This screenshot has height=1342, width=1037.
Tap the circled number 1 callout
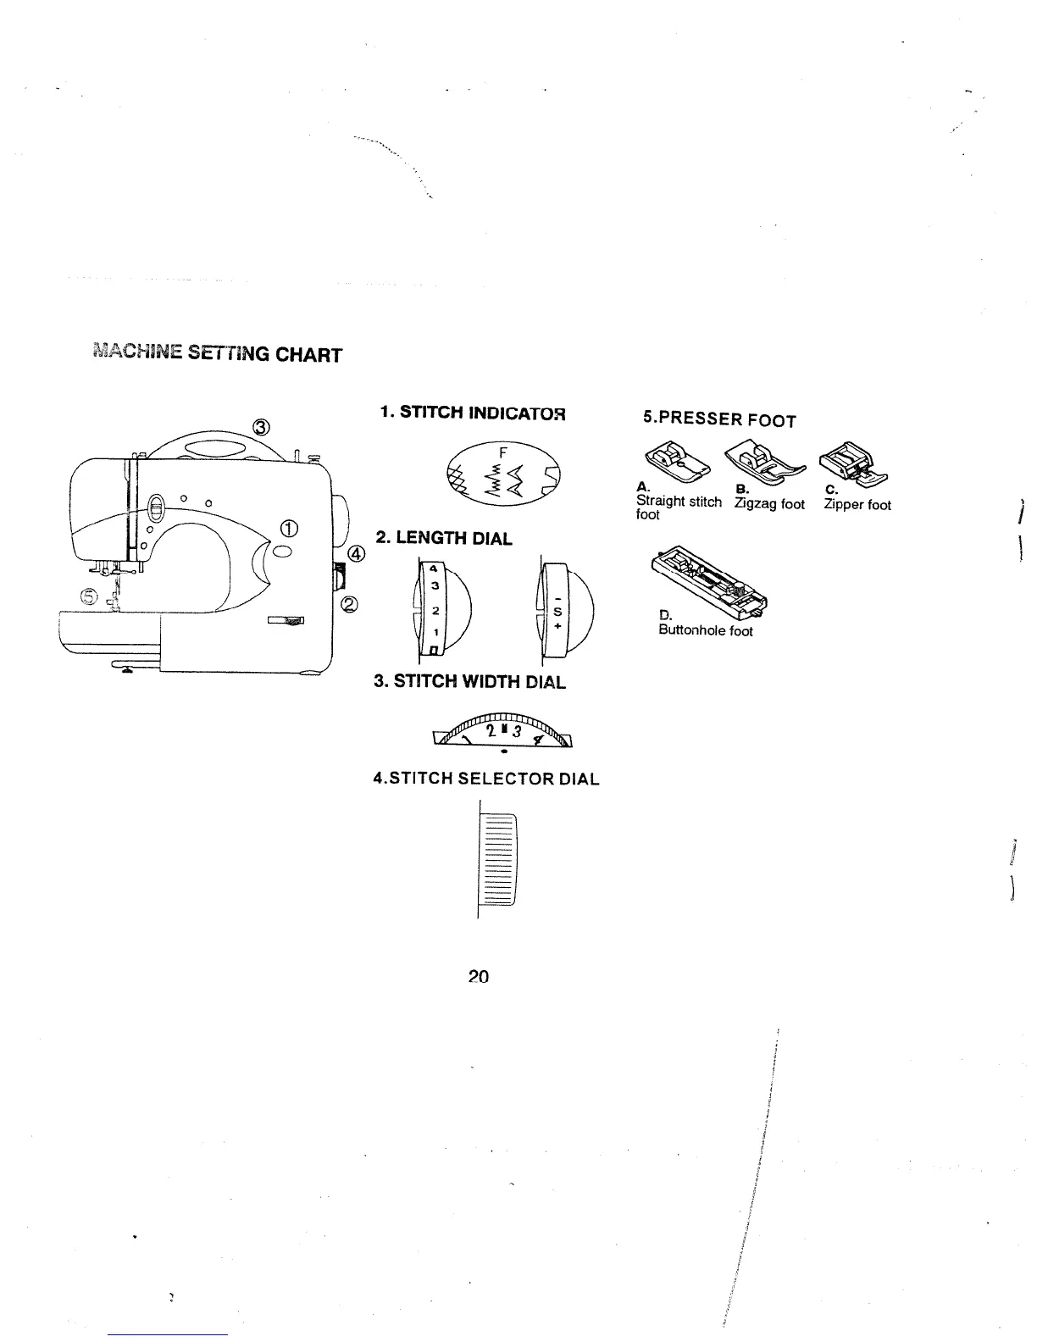tap(289, 530)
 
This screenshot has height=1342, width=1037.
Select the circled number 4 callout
tap(356, 555)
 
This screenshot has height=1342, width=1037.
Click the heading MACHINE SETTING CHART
tap(217, 352)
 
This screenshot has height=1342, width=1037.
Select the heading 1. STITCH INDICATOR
tap(472, 413)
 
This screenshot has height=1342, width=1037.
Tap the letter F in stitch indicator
tap(503, 452)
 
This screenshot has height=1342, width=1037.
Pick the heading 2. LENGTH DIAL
tap(444, 538)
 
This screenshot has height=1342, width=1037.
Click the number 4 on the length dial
tap(433, 568)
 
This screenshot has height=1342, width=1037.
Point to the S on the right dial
tap(557, 610)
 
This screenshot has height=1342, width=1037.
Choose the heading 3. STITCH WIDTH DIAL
tap(469, 681)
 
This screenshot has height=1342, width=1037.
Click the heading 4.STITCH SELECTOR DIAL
tap(486, 779)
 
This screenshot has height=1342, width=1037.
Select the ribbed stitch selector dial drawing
tap(498, 858)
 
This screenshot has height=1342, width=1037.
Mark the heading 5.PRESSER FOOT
tap(719, 419)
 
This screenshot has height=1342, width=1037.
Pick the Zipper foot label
tap(857, 505)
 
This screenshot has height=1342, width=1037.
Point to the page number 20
tap(479, 976)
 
